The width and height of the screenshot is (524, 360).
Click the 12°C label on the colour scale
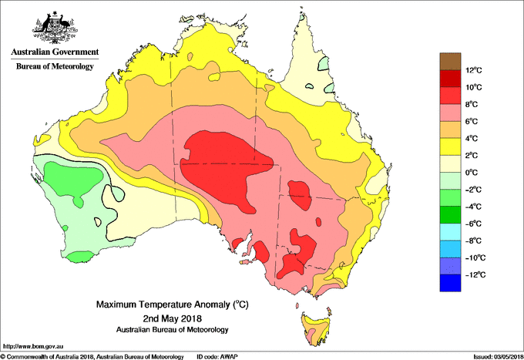(474, 70)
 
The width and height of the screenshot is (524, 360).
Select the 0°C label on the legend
(474, 173)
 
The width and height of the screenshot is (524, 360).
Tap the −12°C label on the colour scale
(474, 274)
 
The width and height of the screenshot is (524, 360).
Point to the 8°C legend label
(474, 105)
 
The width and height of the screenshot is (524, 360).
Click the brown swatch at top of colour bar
(449, 61)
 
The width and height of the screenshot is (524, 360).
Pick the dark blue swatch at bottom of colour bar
(449, 283)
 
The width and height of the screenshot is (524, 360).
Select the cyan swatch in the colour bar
(449, 231)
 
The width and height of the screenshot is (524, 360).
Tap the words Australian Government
(55, 52)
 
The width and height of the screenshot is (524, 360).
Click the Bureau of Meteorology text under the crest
(55, 66)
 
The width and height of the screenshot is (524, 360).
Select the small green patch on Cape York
(325, 62)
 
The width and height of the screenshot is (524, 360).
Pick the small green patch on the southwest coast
(79, 254)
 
